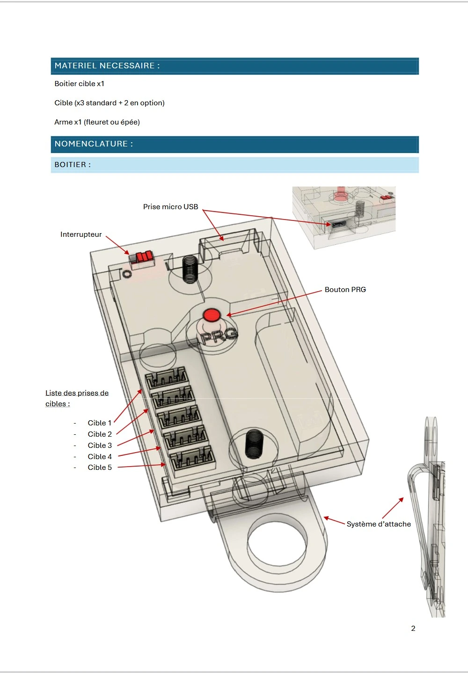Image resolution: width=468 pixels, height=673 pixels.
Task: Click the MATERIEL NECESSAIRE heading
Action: point(107,66)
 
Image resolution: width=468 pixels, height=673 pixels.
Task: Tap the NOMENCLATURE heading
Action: point(94,144)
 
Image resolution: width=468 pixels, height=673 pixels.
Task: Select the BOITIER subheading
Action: point(73,165)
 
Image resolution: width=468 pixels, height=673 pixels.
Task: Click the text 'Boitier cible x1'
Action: point(80,84)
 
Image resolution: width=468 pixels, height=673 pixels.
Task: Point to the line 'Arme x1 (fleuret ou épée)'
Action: point(97,122)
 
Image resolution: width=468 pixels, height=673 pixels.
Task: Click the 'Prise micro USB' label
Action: point(170,207)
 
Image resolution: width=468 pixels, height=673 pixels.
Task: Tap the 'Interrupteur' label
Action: point(81,234)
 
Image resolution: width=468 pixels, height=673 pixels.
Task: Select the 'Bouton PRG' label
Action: point(345,290)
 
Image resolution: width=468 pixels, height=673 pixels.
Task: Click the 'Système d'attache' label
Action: point(379,524)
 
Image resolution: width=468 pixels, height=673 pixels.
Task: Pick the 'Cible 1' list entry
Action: point(100,423)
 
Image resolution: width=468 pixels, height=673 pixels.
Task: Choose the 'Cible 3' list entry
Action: point(100,446)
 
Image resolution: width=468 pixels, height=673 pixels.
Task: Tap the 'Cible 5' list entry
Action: point(100,468)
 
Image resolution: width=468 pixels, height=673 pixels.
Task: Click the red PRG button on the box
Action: point(212,315)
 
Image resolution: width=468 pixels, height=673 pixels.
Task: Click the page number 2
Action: point(413,629)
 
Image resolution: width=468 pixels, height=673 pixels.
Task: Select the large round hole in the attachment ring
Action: point(277,543)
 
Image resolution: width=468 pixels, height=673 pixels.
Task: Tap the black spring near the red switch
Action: point(190,270)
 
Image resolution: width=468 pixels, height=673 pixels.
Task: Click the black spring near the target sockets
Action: point(253,444)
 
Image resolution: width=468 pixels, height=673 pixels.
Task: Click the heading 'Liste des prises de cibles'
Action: point(77,398)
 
